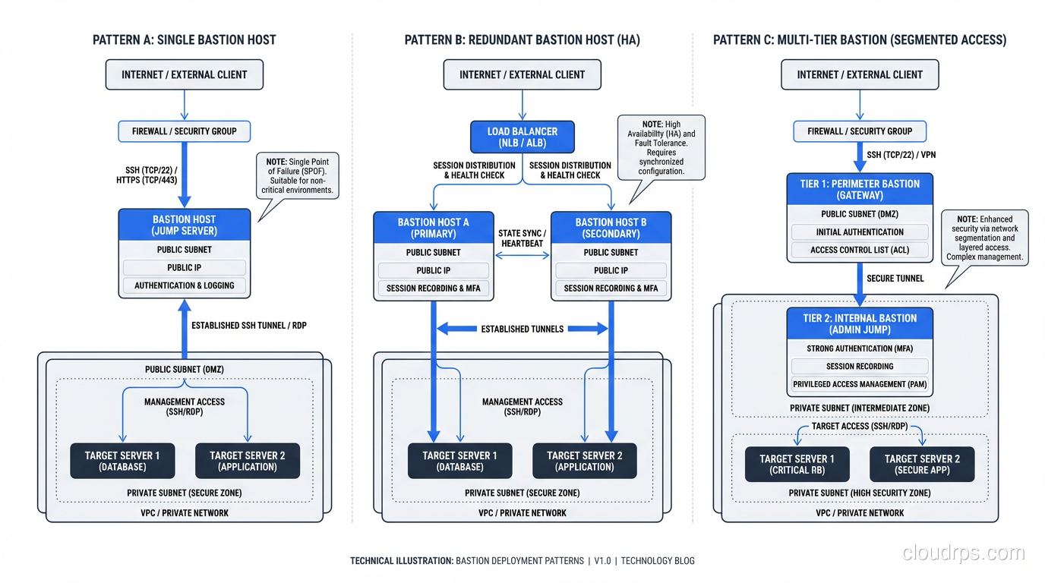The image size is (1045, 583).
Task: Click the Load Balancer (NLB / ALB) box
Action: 522,137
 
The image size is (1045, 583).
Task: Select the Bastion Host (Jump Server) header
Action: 185,225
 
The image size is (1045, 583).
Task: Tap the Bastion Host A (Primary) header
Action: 433,228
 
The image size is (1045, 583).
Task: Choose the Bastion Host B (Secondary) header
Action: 611,228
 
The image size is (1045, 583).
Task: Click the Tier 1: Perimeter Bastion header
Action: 860,189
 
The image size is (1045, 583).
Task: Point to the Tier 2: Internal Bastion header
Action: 860,323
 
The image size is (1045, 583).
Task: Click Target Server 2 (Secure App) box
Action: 922,464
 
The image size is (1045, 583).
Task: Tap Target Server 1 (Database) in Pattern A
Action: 122,461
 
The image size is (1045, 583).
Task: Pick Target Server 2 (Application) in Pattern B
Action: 584,461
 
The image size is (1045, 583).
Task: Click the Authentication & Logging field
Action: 185,285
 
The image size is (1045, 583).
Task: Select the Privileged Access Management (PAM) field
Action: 860,384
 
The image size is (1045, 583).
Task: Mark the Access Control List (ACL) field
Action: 860,250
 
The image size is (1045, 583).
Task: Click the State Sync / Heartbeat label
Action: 522,238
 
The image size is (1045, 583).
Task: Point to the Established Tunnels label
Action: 522,329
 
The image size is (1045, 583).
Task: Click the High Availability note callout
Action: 661,147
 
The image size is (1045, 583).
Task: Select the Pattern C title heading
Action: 860,39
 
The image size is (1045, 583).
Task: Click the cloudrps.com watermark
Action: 964,553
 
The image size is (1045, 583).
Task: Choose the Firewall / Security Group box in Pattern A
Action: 185,131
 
